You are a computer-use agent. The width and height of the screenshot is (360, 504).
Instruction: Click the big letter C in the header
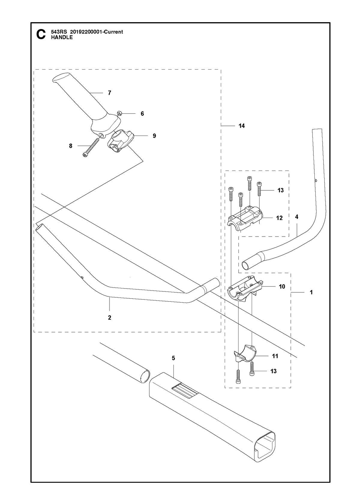tap(41, 34)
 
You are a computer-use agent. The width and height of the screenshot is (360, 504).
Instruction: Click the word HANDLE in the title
tap(62, 37)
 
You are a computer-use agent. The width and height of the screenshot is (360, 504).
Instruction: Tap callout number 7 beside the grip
tap(109, 93)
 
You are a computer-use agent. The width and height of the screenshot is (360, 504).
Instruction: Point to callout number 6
tap(142, 114)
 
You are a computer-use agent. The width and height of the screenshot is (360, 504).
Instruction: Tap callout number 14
tap(241, 126)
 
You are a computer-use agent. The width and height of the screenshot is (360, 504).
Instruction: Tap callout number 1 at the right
tap(311, 292)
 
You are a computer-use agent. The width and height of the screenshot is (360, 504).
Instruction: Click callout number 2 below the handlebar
tap(109, 318)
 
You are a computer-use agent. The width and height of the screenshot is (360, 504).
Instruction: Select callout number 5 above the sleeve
tap(173, 358)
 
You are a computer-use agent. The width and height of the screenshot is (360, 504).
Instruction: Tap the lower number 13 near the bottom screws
tap(273, 371)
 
